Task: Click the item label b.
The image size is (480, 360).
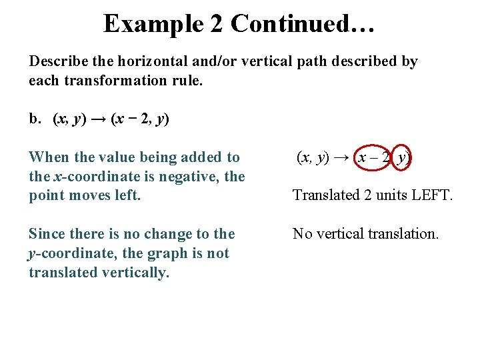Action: pyautogui.click(x=35, y=119)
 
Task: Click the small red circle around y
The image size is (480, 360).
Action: pyautogui.click(x=401, y=158)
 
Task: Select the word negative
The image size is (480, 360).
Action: pyautogui.click(x=191, y=177)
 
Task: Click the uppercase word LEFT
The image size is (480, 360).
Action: pyautogui.click(x=429, y=196)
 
